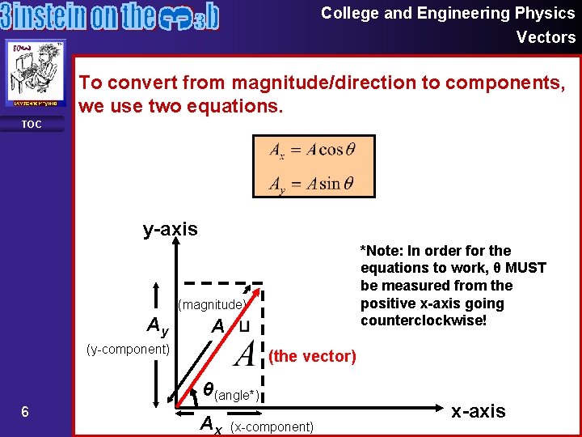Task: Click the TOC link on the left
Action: pyautogui.click(x=32, y=125)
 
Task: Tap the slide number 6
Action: pyautogui.click(x=25, y=412)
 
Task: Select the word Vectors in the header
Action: pyautogui.click(x=546, y=37)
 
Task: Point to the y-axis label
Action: pyautogui.click(x=170, y=229)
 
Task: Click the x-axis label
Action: pyautogui.click(x=479, y=411)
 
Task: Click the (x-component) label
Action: pyautogui.click(x=272, y=426)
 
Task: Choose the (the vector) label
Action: pyautogui.click(x=311, y=356)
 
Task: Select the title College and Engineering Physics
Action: pyautogui.click(x=448, y=13)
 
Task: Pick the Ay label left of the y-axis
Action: pyautogui.click(x=157, y=327)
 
